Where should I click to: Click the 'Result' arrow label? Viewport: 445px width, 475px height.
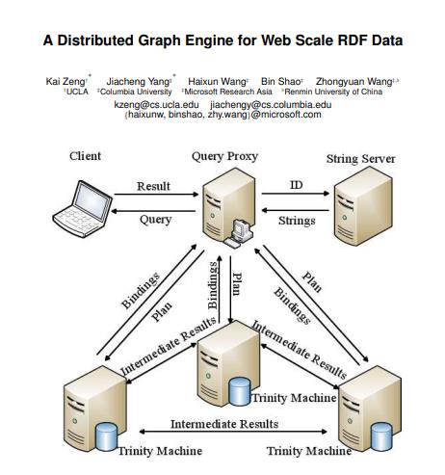pyautogui.click(x=153, y=186)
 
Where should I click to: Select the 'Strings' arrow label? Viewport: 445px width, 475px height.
pyautogui.click(x=297, y=221)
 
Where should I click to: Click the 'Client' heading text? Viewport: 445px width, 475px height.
pyautogui.click(x=85, y=156)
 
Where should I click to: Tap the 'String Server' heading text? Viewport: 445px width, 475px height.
pyautogui.click(x=360, y=158)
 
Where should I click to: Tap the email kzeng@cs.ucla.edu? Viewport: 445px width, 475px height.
pyautogui.click(x=156, y=104)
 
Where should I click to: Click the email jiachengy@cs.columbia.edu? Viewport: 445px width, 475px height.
pyautogui.click(x=271, y=104)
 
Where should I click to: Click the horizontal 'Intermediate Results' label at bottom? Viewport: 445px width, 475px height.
pyautogui.click(x=224, y=424)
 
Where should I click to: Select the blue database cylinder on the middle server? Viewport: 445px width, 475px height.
pyautogui.click(x=239, y=391)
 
